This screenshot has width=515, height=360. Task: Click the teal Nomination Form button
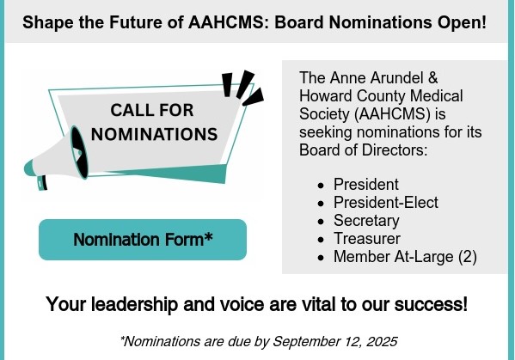143,240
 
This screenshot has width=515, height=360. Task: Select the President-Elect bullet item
385,202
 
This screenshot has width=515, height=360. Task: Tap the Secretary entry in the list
366,221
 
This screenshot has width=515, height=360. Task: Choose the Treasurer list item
367,239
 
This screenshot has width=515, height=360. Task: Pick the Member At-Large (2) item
405,257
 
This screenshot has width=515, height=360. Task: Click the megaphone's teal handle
42,183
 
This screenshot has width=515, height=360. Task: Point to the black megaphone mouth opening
80,152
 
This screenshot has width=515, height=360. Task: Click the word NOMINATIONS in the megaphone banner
154,134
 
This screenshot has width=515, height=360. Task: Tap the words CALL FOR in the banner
151,110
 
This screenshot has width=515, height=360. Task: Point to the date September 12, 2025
335,342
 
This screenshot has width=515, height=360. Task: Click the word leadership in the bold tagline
134,304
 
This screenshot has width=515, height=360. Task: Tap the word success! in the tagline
431,304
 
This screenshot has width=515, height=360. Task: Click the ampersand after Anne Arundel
432,78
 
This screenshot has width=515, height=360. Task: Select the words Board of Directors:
364,150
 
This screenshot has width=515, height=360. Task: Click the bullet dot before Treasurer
321,240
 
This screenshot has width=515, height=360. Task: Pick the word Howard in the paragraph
326,96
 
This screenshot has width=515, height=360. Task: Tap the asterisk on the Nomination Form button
208,236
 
